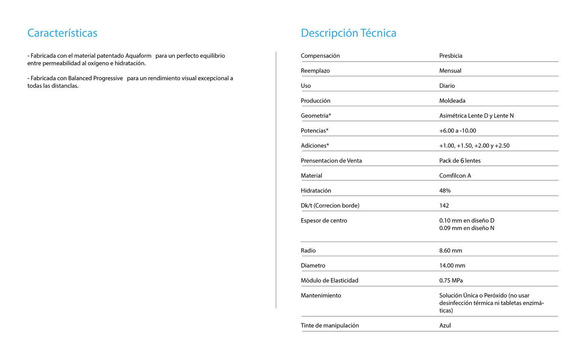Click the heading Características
pyautogui.click(x=62, y=33)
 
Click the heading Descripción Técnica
pyautogui.click(x=348, y=33)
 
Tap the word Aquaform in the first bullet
pyautogui.click(x=138, y=56)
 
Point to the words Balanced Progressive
pyautogui.click(x=95, y=78)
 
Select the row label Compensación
pyautogui.click(x=320, y=56)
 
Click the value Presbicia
pyautogui.click(x=451, y=56)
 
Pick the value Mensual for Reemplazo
pyautogui.click(x=450, y=71)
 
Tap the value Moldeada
pyautogui.click(x=452, y=101)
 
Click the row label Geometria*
pyautogui.click(x=316, y=116)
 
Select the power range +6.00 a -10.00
pyautogui.click(x=457, y=131)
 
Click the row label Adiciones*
pyautogui.click(x=315, y=146)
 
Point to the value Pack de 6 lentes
pyautogui.click(x=460, y=161)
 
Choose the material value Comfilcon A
pyautogui.click(x=455, y=176)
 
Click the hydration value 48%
pyautogui.click(x=445, y=191)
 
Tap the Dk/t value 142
pyautogui.click(x=444, y=206)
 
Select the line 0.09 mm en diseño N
pyautogui.click(x=466, y=228)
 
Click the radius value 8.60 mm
pyautogui.click(x=451, y=251)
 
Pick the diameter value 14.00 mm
pyautogui.click(x=452, y=266)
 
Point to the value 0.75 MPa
pyautogui.click(x=451, y=281)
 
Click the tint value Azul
pyautogui.click(x=445, y=326)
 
